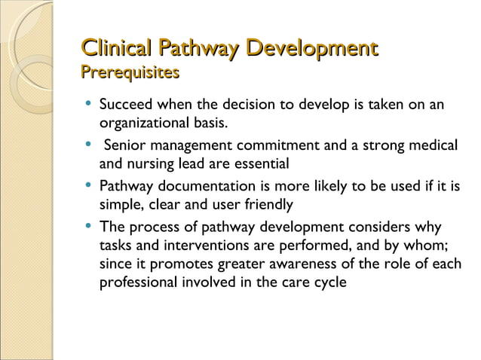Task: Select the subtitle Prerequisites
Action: coord(130,73)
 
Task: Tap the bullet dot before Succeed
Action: coord(90,104)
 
